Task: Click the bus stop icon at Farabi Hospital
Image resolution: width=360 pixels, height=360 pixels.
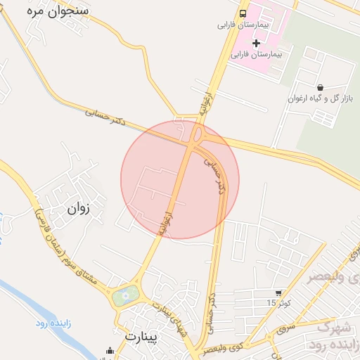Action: tap(243, 13)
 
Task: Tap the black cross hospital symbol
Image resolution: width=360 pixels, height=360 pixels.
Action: tap(256, 44)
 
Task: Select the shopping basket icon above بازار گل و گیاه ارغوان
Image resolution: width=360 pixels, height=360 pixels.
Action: tap(321, 87)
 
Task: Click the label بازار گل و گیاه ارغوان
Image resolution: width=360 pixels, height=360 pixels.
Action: tap(319, 99)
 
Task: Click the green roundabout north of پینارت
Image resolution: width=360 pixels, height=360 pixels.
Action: tap(124, 296)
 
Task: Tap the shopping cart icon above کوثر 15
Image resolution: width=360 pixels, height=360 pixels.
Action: tap(279, 292)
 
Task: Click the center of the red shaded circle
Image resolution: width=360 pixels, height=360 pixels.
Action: tap(180, 179)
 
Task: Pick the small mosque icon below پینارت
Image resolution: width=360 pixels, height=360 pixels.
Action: tap(109, 351)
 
